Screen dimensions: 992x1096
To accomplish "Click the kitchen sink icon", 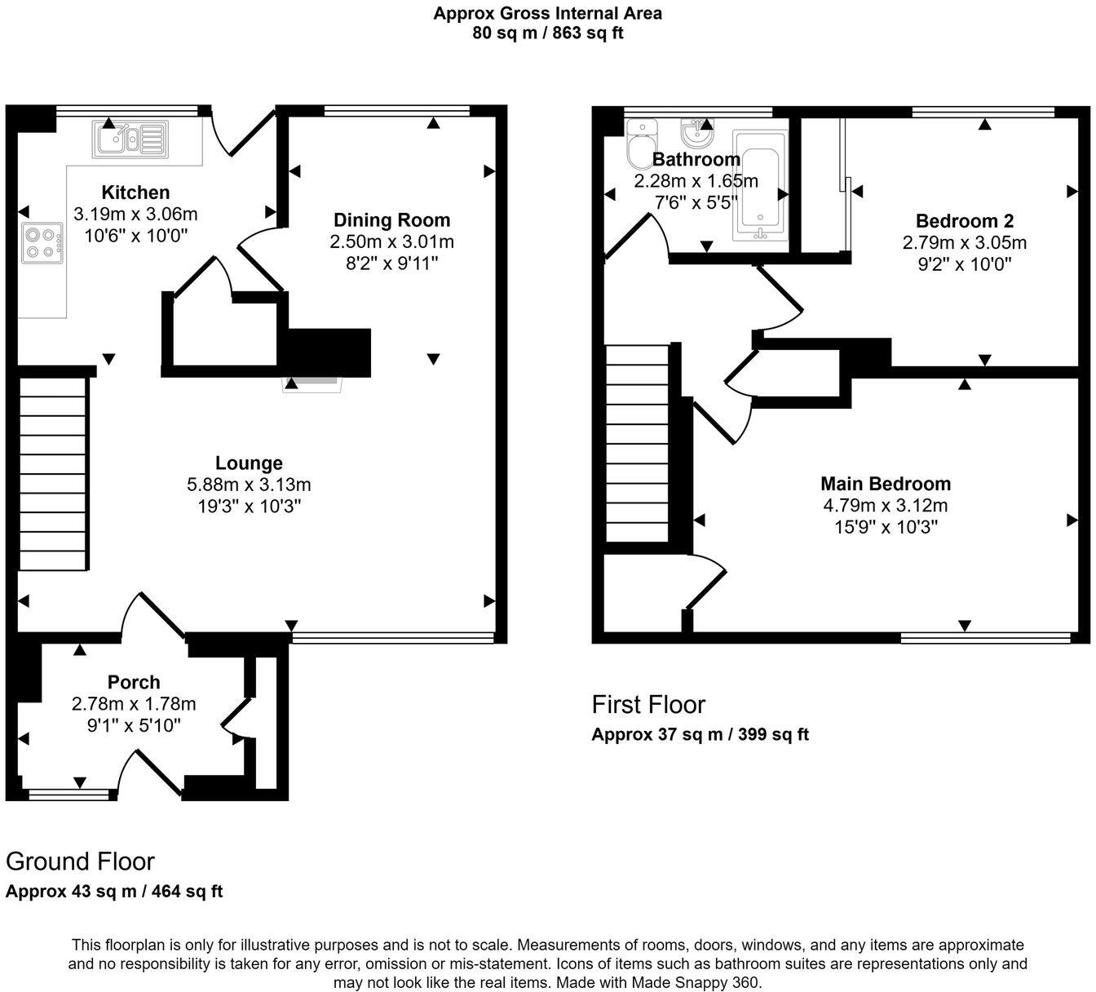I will [130, 138].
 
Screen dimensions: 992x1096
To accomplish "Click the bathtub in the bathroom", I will [759, 186].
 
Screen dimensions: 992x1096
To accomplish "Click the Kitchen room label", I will [135, 193].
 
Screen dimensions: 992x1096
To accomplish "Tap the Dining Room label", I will [391, 220].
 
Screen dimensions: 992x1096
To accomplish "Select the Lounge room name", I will [249, 463].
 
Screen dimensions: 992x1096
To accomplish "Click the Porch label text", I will [134, 682].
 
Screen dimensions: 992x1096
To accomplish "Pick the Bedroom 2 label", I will [964, 221].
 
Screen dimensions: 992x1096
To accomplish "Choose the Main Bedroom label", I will [886, 484].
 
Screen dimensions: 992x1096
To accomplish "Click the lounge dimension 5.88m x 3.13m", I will [249, 485].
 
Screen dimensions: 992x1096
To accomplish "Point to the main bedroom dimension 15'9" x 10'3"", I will [886, 527].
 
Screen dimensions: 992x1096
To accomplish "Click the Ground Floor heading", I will [80, 861].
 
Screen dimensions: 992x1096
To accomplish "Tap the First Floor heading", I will [648, 704].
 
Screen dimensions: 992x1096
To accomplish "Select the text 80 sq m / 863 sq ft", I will [547, 33].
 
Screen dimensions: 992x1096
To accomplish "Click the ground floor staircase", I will [53, 473].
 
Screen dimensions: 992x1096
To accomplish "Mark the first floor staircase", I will [637, 445].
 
